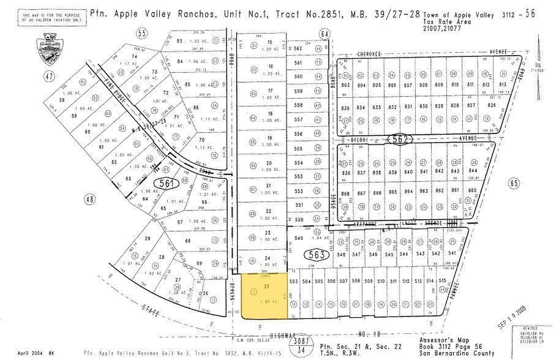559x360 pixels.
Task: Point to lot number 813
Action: point(503,84)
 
